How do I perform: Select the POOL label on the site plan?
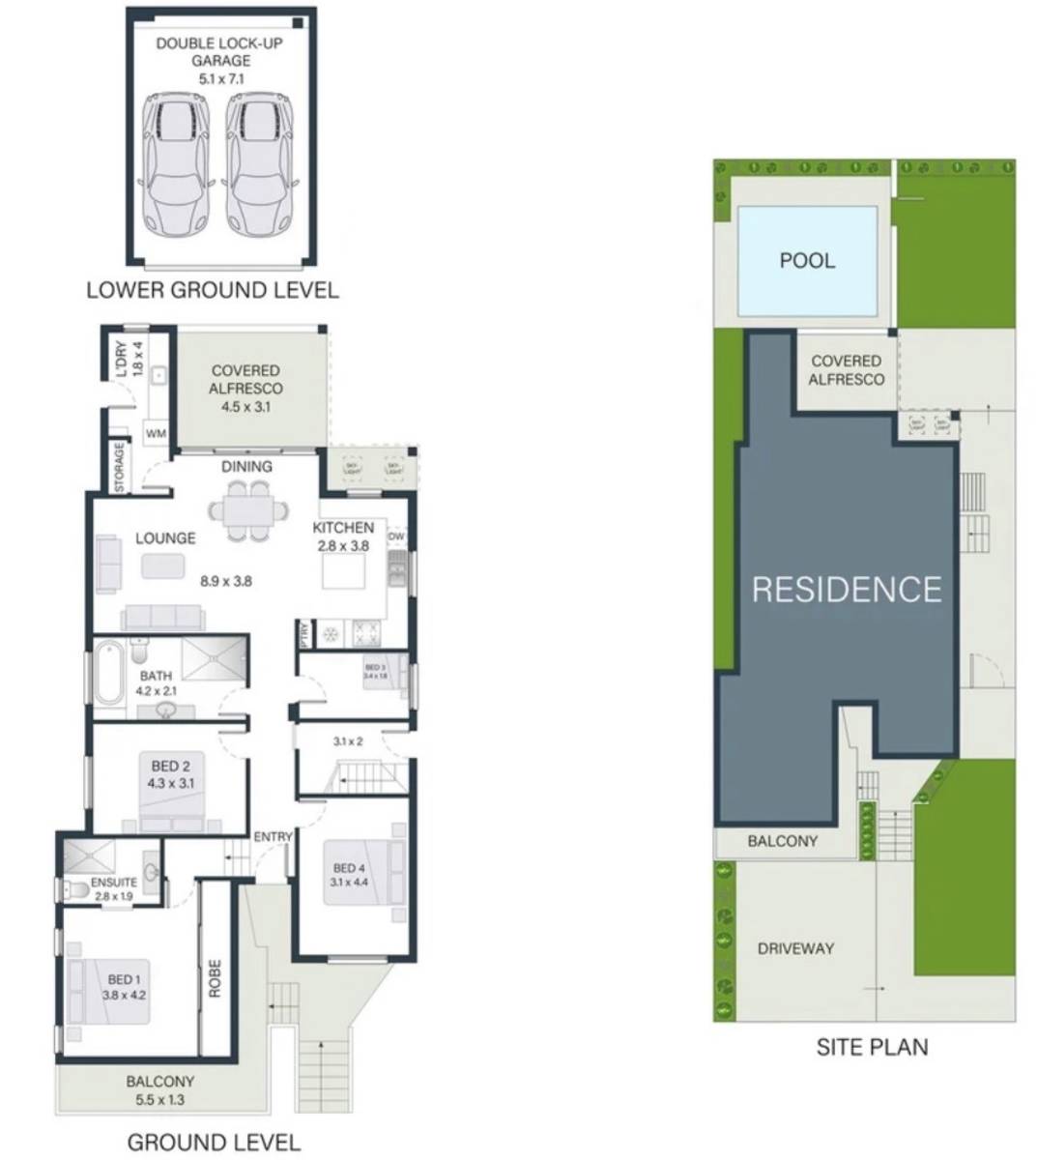click(807, 260)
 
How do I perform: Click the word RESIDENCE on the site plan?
click(847, 589)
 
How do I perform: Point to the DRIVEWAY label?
click(794, 948)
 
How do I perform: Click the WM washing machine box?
click(156, 434)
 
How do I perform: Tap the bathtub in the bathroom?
click(106, 676)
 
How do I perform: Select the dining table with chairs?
click(247, 509)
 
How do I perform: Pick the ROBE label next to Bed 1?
click(215, 978)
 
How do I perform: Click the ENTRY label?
click(272, 836)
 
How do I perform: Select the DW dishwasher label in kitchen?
click(395, 536)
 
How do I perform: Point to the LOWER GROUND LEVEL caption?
click(213, 289)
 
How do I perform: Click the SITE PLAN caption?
click(872, 1046)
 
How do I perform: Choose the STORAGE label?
click(119, 467)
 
